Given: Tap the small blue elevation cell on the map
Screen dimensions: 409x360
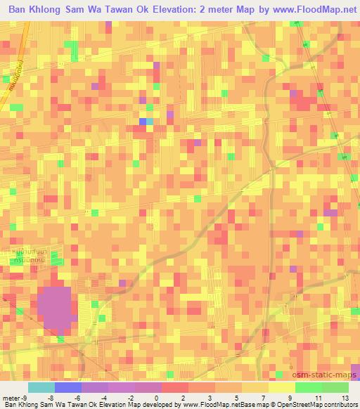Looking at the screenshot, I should point(143,122).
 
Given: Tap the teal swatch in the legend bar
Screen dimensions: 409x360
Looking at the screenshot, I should point(41,387).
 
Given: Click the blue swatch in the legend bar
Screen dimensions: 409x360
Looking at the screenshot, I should point(68,387).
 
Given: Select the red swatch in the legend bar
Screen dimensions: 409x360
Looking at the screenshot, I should point(175,387).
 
